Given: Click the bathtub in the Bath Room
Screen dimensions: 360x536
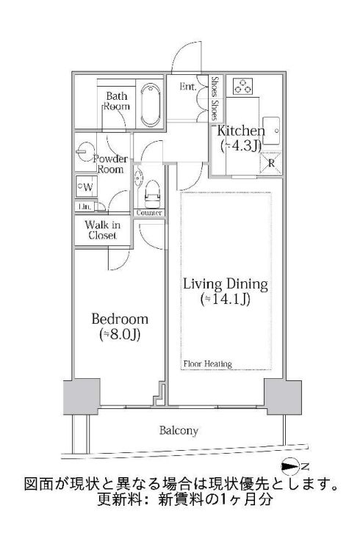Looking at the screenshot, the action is [150, 104].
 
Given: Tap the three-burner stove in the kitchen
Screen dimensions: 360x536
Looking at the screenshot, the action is [243, 86].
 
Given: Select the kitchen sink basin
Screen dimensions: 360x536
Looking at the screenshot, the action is [271, 131].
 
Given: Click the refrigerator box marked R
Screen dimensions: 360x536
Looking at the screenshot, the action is [271, 163].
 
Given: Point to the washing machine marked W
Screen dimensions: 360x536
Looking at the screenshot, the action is [87, 186].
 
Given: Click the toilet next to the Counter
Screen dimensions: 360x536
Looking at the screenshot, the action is [152, 194].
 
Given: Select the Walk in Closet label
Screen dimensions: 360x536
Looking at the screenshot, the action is [103, 230].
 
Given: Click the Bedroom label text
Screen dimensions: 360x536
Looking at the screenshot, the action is [120, 319].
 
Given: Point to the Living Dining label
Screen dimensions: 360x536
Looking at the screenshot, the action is [226, 284].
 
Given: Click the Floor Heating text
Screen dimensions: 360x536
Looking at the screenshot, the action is [208, 364].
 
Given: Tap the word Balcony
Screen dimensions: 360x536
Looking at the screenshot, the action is [179, 431].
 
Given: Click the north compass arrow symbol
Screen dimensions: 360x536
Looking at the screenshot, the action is [290, 466].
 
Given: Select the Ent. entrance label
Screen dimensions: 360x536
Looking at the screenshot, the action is [188, 87].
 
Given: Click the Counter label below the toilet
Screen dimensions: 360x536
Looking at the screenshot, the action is [149, 213].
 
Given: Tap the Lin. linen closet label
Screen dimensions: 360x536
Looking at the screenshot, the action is [84, 207].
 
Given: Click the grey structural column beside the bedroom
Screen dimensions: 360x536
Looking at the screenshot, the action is [82, 396].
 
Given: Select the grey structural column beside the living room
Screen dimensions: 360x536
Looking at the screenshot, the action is [283, 396].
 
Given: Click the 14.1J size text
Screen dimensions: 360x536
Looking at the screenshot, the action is [225, 299].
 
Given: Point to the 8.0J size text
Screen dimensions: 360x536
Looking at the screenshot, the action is [120, 335].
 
